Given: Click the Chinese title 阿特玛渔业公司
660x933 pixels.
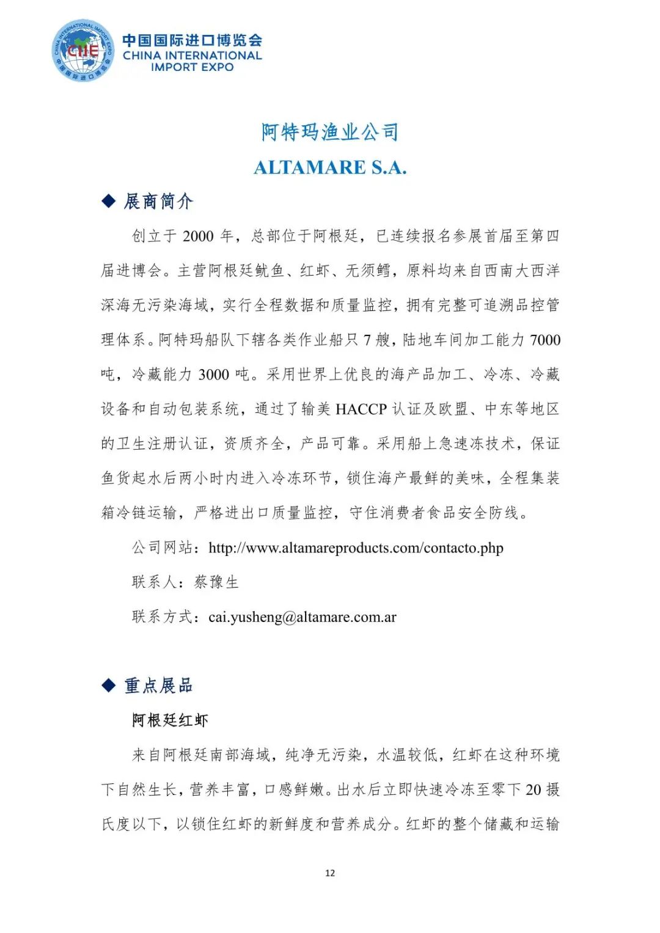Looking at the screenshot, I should click(x=329, y=132).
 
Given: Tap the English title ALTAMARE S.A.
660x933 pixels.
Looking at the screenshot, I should click(x=330, y=167).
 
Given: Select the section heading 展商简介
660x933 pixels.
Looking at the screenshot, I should click(x=158, y=201).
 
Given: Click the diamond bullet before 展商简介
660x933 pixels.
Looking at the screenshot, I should click(x=109, y=201).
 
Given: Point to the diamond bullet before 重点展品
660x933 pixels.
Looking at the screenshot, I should click(x=109, y=686).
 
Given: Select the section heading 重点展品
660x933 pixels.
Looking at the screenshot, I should click(x=158, y=686).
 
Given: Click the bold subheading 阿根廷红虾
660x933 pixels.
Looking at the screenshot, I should click(x=170, y=720).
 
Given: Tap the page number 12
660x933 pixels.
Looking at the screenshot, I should click(x=330, y=873).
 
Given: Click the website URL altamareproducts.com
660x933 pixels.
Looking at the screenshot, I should click(x=356, y=548).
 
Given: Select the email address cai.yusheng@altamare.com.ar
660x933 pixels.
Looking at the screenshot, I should click(x=302, y=617).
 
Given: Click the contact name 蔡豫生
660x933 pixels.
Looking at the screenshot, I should click(x=216, y=582).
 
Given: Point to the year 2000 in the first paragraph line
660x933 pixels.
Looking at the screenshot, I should click(x=199, y=236).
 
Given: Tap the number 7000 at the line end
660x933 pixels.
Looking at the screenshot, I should click(x=544, y=340).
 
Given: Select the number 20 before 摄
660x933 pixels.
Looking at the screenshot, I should click(x=533, y=790).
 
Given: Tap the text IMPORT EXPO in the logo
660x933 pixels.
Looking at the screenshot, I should click(x=192, y=67).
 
